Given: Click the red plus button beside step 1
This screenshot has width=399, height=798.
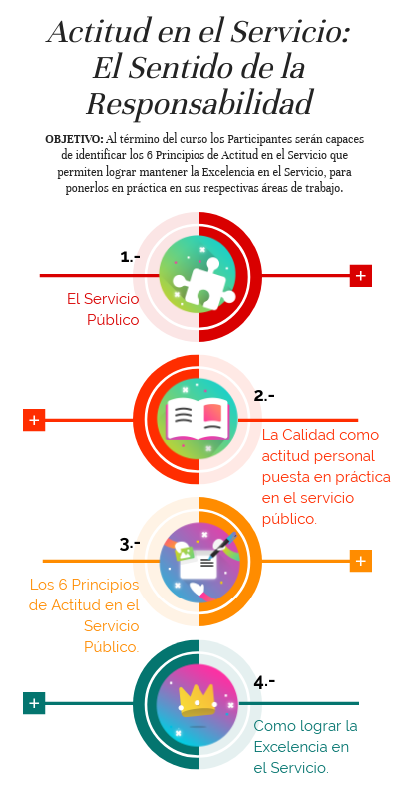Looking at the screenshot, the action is (361, 276).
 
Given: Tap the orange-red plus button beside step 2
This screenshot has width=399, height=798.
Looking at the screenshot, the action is (34, 420).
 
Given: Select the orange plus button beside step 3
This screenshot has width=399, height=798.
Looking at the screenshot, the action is (361, 561).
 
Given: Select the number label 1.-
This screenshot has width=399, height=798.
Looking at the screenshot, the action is (131, 257).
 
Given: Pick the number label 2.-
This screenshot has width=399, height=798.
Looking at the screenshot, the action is (264, 395).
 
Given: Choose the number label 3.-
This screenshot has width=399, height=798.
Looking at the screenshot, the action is (130, 544).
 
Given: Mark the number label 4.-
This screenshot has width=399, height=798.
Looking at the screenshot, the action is (264, 682).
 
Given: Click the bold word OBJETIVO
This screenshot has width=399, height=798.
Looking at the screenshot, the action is (74, 139).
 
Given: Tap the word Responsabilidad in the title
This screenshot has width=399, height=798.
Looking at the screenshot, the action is (199, 103).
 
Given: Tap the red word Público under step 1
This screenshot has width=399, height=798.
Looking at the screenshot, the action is (113, 320).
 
